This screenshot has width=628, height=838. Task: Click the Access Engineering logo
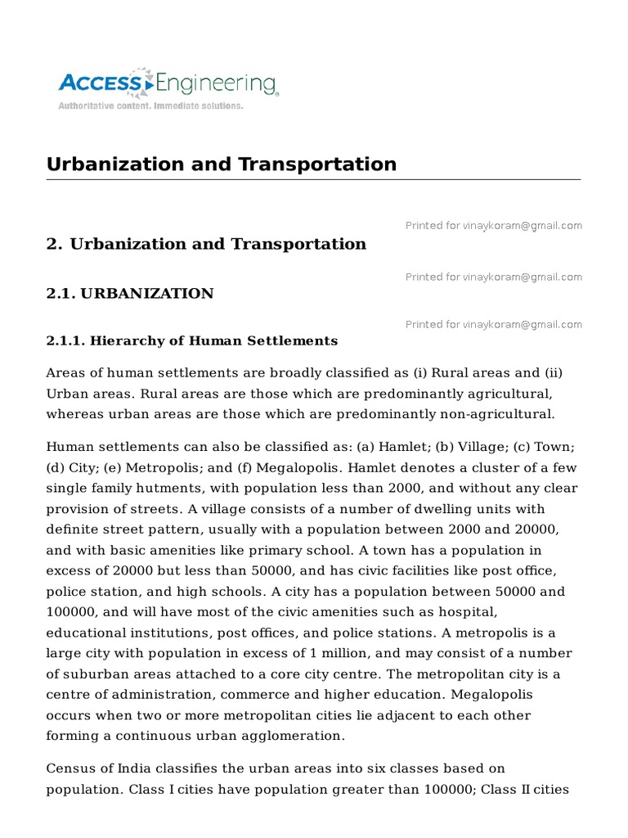pyautogui.click(x=168, y=83)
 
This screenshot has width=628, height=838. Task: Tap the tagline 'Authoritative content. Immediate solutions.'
pyautogui.click(x=150, y=106)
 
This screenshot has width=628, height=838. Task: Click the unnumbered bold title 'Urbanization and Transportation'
pyautogui.click(x=222, y=164)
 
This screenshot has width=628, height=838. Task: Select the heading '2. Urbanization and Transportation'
pyautogui.click(x=206, y=244)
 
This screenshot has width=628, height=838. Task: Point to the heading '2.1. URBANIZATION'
pyautogui.click(x=130, y=293)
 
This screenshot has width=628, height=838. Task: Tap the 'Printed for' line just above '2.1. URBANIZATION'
pyautogui.click(x=493, y=277)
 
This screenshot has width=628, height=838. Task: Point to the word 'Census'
pyautogui.click(x=71, y=769)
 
